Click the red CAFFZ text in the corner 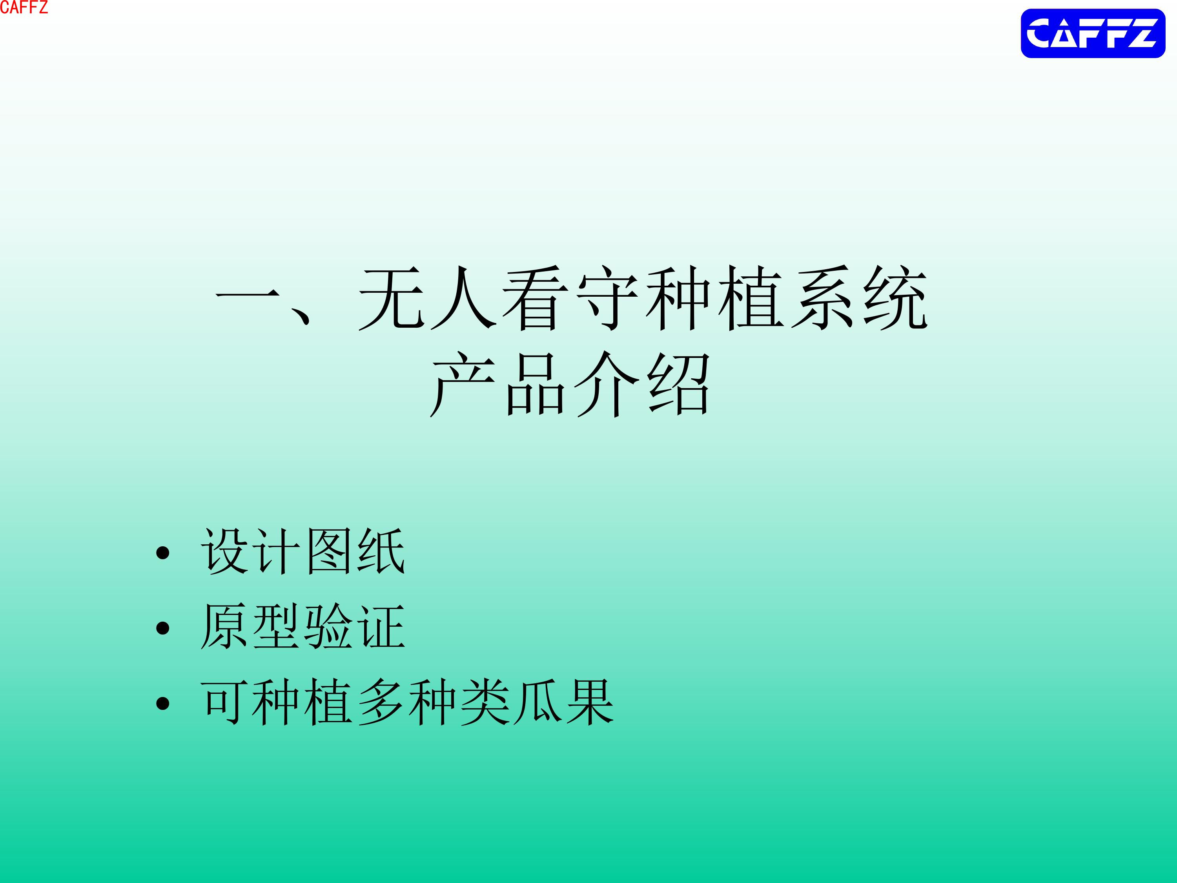pos(24,7)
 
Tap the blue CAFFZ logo pos(1093,33)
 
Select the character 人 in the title pos(463,298)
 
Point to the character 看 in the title pos(535,298)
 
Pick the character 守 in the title pos(607,298)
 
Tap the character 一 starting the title pos(248,294)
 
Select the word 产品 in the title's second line pos(498,384)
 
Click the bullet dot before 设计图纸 pos(163,553)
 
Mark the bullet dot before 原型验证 pos(163,628)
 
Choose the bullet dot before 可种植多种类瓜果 pos(163,704)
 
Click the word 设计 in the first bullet pos(251,551)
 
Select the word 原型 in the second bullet pos(251,626)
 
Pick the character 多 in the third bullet pos(381,702)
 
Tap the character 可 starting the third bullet pos(224,702)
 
